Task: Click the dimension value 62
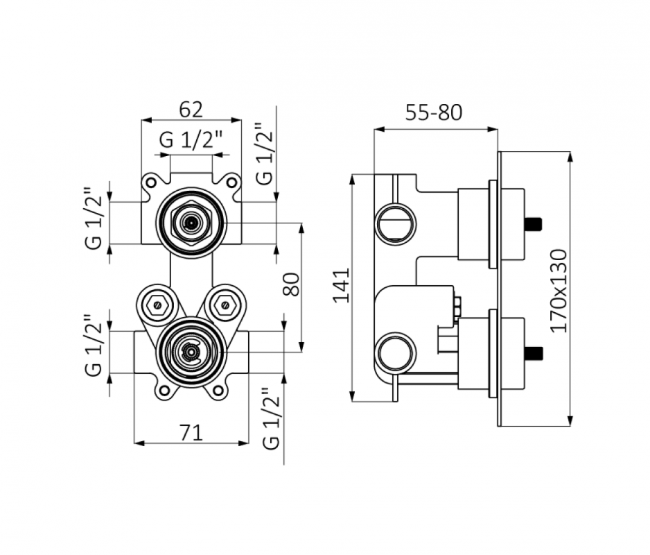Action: (x=191, y=109)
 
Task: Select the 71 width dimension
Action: (x=191, y=433)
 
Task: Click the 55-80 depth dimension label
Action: (x=434, y=112)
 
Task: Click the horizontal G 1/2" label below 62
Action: (x=191, y=139)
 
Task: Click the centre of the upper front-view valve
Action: (x=191, y=223)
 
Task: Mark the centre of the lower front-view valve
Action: (x=191, y=351)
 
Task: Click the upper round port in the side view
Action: (x=396, y=223)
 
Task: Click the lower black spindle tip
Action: (x=533, y=352)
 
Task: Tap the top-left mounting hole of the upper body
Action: (x=150, y=182)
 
